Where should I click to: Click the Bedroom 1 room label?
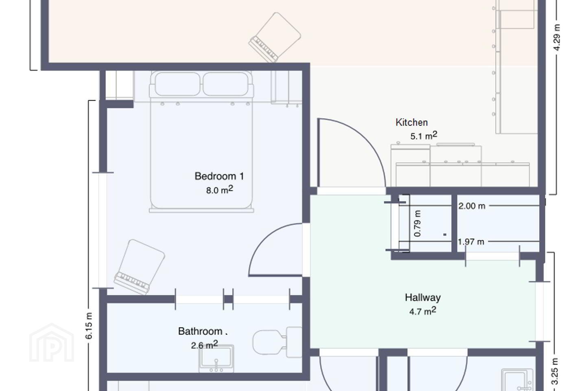coord(219,176)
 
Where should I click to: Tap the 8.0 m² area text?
coord(219,190)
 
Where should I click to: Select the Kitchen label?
coord(411,123)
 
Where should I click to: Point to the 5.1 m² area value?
coord(424,136)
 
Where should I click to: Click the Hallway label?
coord(423,297)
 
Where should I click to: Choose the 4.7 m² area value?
coord(423,311)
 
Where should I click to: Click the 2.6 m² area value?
coord(204,345)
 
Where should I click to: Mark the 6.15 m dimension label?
coord(89,326)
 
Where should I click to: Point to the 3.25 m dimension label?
coord(554,371)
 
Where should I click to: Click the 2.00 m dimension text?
coord(472,206)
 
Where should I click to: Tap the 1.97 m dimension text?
coord(471,242)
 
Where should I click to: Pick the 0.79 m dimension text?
coord(418,223)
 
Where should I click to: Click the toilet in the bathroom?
coord(277,342)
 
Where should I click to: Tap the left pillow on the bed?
coord(177,84)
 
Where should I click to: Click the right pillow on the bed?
coord(225,84)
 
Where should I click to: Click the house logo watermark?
coord(52,343)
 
